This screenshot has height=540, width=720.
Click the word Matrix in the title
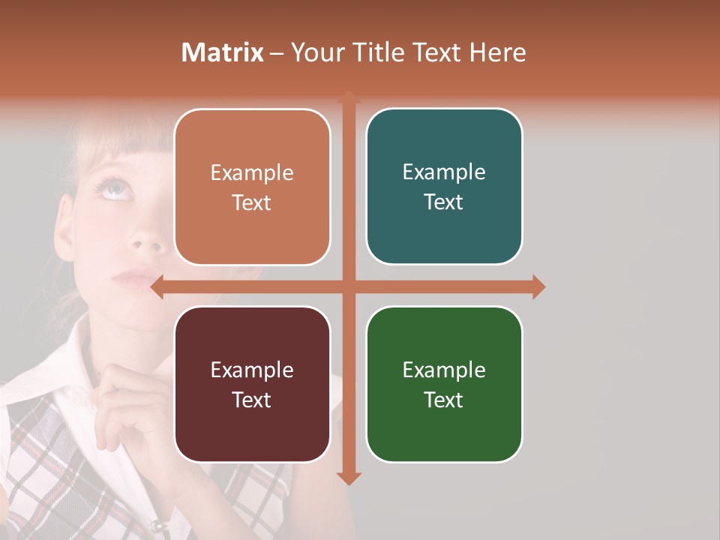tap(223, 52)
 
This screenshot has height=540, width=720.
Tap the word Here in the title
tap(497, 52)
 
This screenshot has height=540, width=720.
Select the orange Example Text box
tap(252, 187)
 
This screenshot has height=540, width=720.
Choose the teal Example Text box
tap(444, 186)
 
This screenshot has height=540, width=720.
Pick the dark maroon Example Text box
tap(252, 384)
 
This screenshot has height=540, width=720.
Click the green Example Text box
tap(444, 384)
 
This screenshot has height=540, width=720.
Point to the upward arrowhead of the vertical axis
tap(348, 97)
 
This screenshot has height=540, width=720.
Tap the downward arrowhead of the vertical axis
tap(348, 478)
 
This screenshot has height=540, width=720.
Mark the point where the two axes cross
tap(348, 287)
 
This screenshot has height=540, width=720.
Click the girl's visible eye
tap(114, 188)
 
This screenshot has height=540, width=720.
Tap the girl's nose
tap(147, 240)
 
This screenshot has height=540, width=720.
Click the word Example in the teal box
tap(444, 172)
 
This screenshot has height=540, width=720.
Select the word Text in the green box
tap(444, 400)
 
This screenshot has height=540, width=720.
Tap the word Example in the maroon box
tap(252, 370)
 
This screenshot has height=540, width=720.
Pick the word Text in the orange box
tap(252, 202)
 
